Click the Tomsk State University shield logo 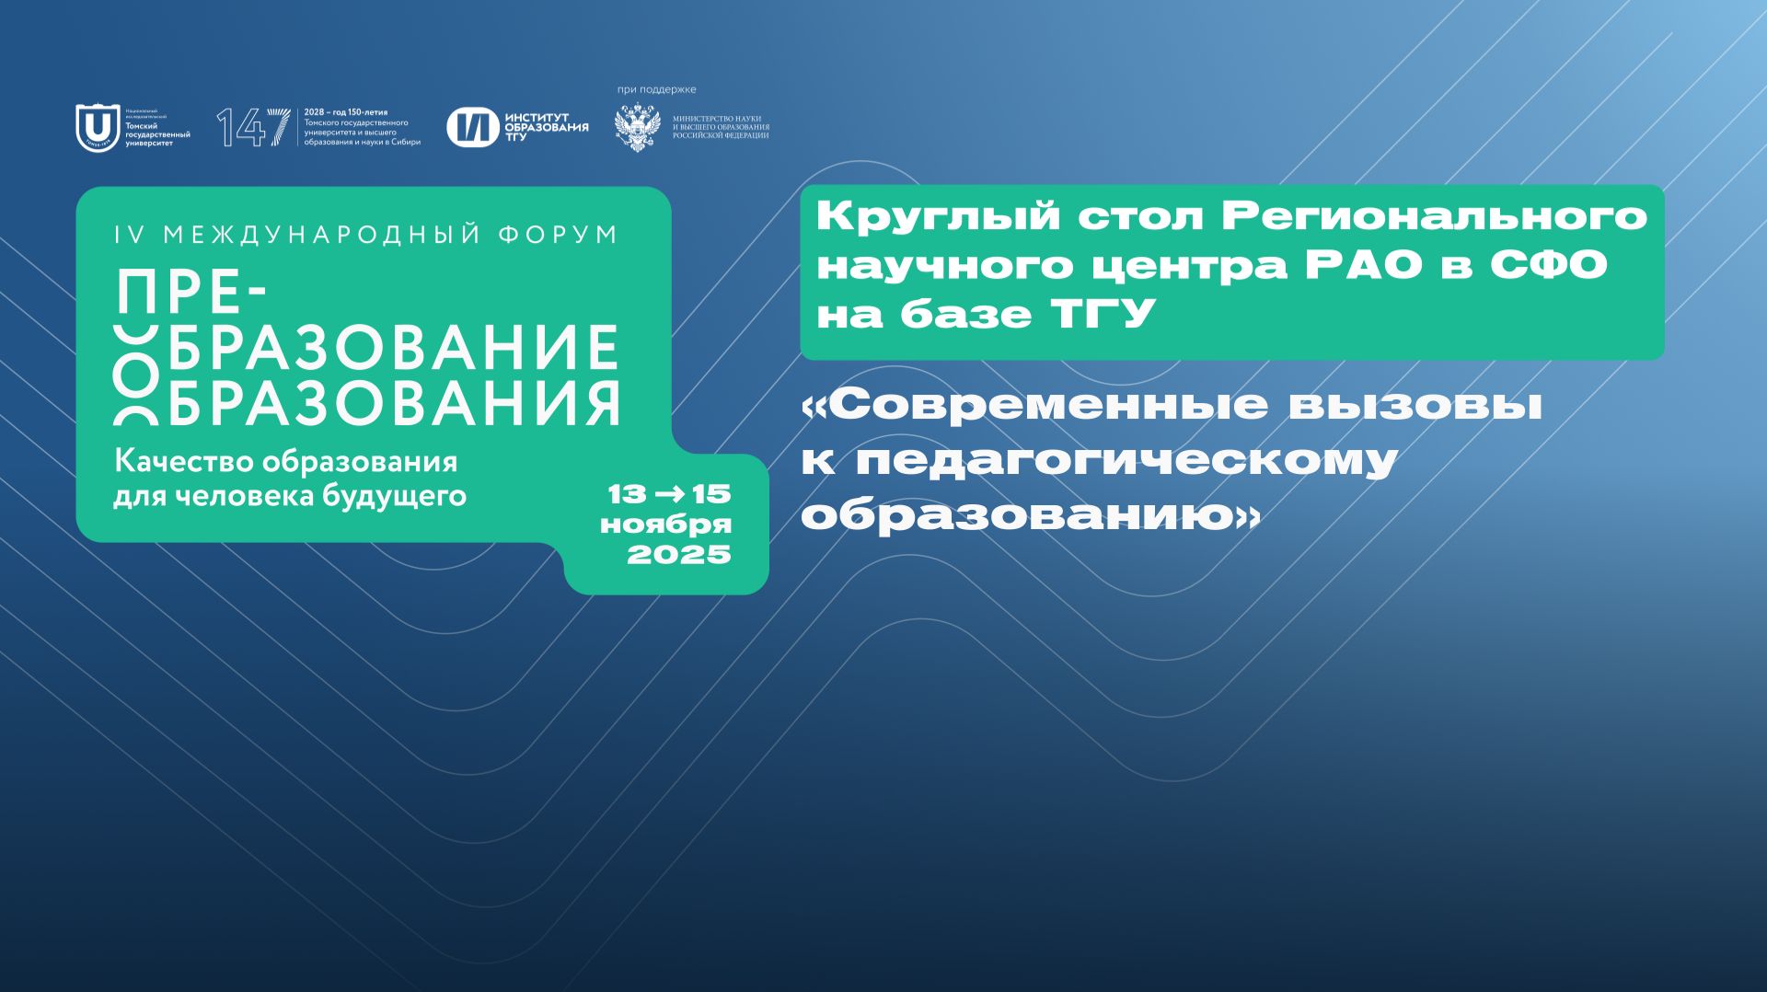tap(97, 127)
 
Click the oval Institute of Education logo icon tap(472, 127)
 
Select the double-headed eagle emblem tap(637, 127)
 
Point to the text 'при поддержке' tap(656, 89)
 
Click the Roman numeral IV tap(130, 235)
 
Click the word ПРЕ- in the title tap(191, 294)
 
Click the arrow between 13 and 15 tap(668, 494)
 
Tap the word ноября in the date tap(665, 525)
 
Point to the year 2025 tap(678, 554)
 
